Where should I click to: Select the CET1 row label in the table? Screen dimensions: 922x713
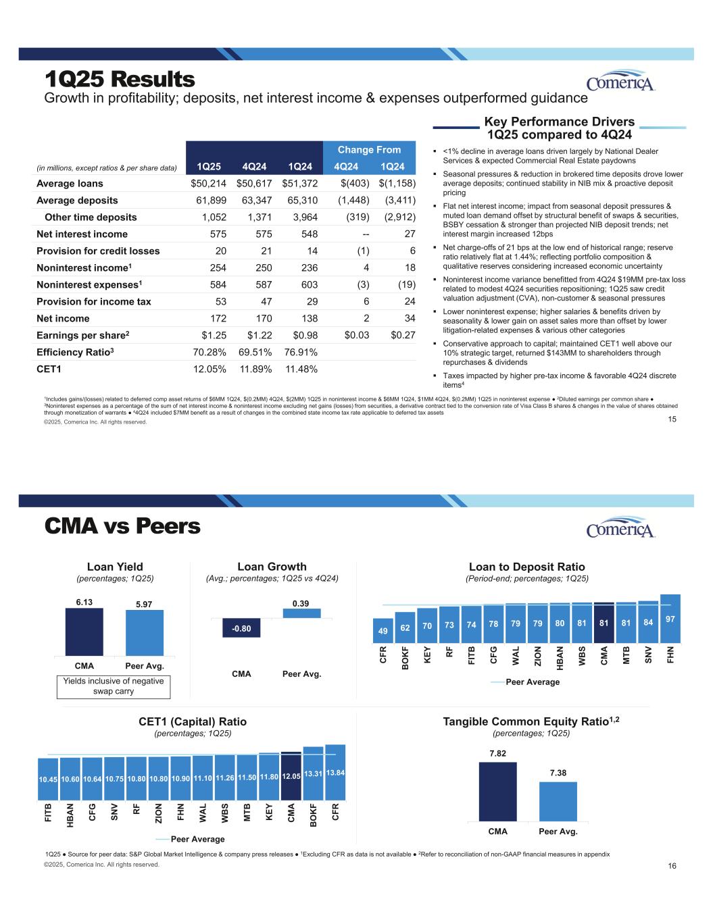(x=51, y=369)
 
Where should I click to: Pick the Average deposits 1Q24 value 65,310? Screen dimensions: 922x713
(x=299, y=200)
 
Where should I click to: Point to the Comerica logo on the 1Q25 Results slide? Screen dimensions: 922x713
(x=621, y=82)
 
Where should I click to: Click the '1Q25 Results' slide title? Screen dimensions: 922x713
(x=120, y=80)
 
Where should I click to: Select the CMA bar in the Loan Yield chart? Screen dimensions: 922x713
(x=84, y=632)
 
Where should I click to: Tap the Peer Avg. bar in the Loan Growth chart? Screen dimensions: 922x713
(x=301, y=613)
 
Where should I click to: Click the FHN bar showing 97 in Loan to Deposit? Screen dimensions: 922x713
(x=670, y=618)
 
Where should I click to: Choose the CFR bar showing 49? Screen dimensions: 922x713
(x=383, y=630)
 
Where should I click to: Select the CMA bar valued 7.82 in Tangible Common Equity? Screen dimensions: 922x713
(x=497, y=791)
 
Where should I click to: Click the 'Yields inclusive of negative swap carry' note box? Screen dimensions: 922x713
(x=112, y=686)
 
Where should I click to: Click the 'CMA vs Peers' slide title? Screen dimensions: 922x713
(x=122, y=526)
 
